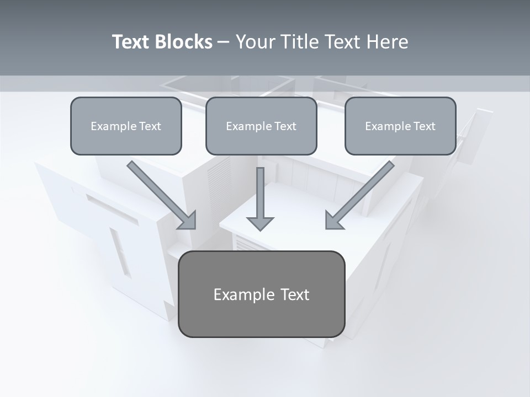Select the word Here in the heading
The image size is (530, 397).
(386, 42)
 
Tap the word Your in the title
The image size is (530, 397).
(253, 42)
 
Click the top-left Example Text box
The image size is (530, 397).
(126, 126)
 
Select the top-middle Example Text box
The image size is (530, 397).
(261, 126)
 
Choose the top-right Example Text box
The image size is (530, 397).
(400, 126)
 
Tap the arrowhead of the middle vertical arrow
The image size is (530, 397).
(260, 223)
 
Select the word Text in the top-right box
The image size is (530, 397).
(424, 126)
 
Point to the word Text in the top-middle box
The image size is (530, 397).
(285, 126)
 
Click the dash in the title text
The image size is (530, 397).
(224, 42)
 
